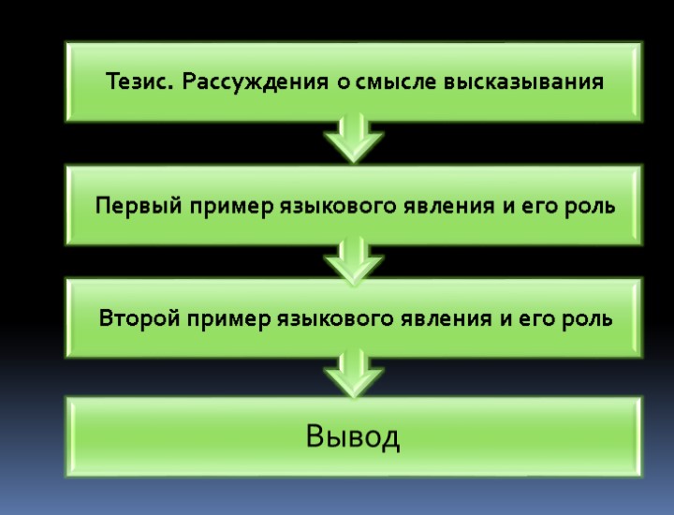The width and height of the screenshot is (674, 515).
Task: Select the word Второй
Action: pos(139,318)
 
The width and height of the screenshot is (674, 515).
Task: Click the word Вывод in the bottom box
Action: pos(353,437)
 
